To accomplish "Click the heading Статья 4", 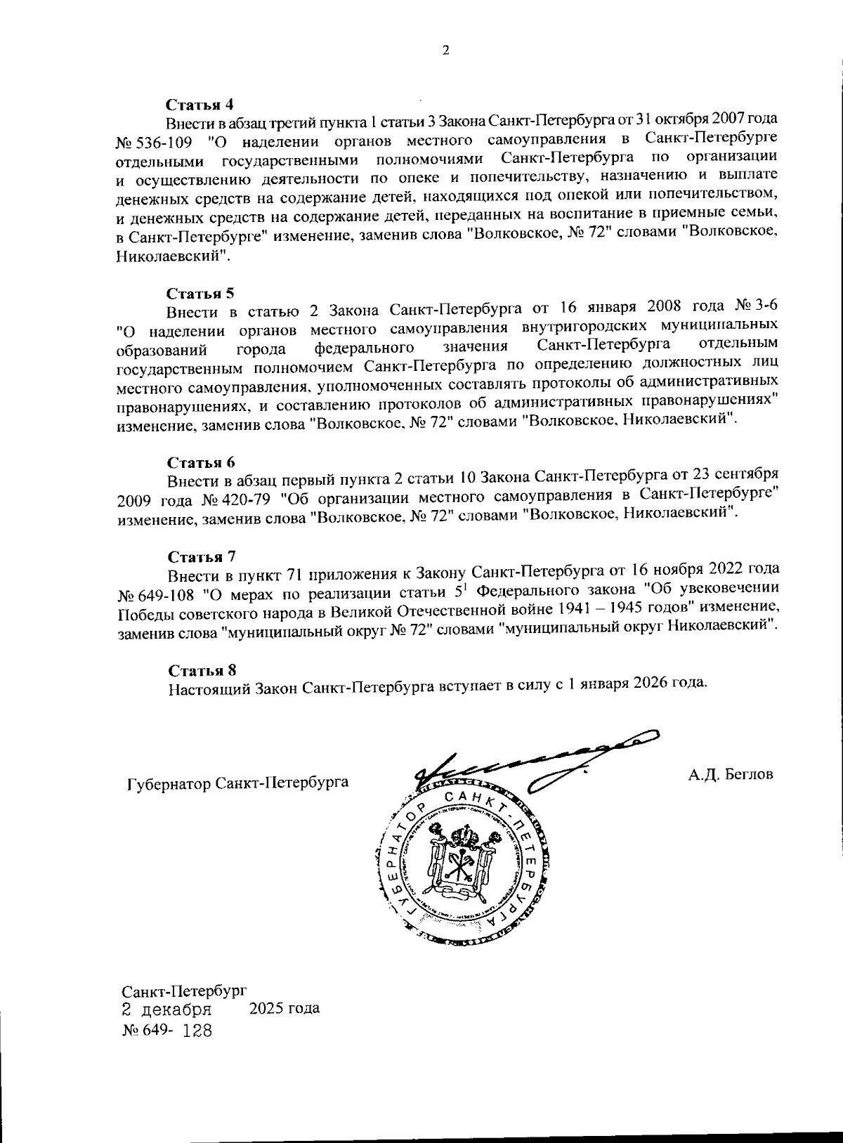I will click(x=200, y=105).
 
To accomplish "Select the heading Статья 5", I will click(x=200, y=293).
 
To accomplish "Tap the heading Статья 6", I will click(x=201, y=462).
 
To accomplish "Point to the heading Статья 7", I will click(x=201, y=557).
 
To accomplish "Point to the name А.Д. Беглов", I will click(x=731, y=775).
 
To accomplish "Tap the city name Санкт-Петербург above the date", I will click(x=184, y=992).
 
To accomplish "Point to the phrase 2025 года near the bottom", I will click(x=285, y=1009).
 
